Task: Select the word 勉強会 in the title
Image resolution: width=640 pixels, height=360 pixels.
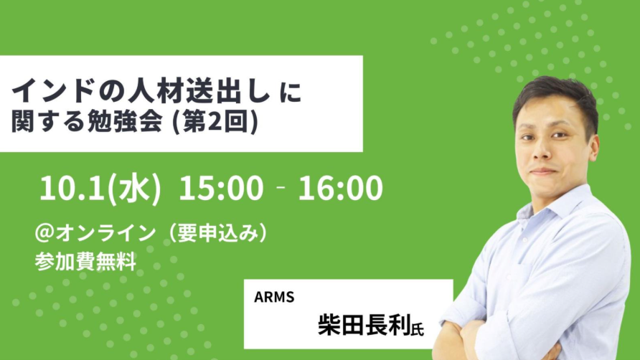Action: point(125,122)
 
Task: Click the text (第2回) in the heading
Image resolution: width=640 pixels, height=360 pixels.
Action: point(215,122)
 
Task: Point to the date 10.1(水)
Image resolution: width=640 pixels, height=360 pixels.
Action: point(100,189)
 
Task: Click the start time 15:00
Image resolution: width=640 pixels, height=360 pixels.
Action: point(221,188)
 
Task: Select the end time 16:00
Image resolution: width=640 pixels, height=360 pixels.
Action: point(340,188)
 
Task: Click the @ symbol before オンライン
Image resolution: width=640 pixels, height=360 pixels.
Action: point(43,233)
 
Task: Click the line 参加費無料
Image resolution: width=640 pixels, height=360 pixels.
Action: point(85,261)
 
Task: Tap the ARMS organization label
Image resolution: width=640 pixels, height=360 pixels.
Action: point(274,297)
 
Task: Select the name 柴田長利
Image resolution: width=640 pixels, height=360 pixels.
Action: point(364,324)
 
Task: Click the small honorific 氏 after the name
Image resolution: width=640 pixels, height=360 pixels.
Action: point(418,328)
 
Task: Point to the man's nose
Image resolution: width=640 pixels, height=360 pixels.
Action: point(542,150)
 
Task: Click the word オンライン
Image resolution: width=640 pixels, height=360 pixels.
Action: point(105,233)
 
